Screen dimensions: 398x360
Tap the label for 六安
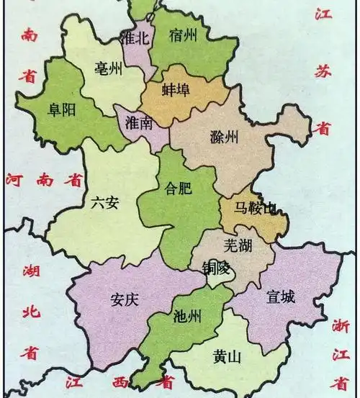[105, 203]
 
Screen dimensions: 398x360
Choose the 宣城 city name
[279, 295]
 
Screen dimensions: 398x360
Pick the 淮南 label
[139, 122]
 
